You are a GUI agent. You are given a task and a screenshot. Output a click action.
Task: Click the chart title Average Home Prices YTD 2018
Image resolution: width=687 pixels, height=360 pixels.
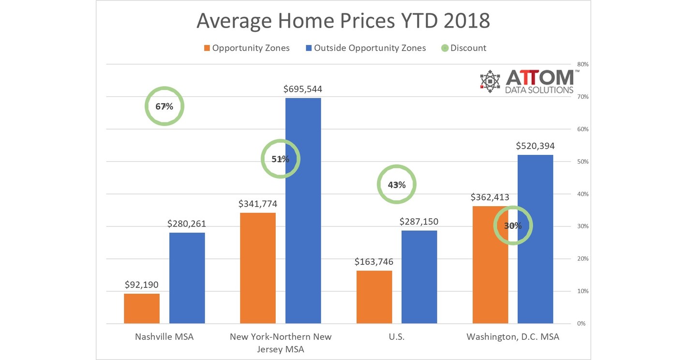(343, 22)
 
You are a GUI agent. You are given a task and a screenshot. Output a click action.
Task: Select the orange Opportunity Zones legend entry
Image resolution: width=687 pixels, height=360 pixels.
(247, 48)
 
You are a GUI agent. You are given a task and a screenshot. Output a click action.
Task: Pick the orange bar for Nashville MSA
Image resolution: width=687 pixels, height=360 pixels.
(142, 308)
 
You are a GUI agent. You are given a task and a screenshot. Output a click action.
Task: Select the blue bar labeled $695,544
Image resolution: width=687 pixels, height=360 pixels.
(303, 210)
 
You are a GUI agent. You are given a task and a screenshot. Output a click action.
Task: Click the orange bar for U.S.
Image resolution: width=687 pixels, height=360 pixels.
(374, 297)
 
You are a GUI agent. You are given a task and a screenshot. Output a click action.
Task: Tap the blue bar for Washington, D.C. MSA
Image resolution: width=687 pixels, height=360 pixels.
(535, 239)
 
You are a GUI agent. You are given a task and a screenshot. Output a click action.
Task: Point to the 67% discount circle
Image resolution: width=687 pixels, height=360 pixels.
(164, 106)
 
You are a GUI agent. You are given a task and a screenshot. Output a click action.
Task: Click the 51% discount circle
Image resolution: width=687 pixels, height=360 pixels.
(280, 159)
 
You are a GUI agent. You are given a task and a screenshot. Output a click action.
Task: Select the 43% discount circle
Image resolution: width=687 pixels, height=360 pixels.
(396, 184)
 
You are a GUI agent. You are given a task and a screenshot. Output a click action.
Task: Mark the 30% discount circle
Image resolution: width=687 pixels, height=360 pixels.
(513, 225)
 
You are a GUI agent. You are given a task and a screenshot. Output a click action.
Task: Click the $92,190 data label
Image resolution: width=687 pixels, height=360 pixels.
(142, 285)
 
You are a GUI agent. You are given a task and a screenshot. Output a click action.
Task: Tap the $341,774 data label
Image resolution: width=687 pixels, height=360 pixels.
(258, 204)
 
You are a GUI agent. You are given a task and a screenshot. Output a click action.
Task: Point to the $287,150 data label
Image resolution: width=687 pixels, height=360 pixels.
(419, 222)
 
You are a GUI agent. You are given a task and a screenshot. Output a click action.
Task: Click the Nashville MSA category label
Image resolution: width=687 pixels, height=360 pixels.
(164, 337)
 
